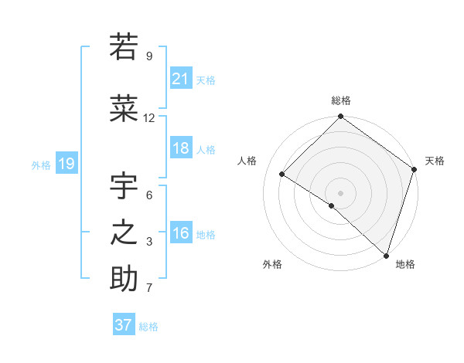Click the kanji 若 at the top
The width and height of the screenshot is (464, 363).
[124, 47]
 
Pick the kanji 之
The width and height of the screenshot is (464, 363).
[124, 232]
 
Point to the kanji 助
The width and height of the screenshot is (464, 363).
[124, 279]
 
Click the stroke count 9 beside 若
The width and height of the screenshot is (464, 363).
[149, 56]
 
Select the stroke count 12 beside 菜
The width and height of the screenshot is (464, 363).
[149, 118]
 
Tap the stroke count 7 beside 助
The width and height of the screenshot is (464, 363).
[149, 289]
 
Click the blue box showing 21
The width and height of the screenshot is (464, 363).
[181, 79]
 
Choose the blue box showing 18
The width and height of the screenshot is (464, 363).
[181, 148]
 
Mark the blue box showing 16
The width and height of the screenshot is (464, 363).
[181, 233]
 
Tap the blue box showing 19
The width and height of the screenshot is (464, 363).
[66, 164]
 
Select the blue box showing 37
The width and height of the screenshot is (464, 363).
[123, 325]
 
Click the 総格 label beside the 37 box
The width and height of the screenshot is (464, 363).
[148, 327]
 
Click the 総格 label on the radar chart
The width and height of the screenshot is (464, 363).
[340, 100]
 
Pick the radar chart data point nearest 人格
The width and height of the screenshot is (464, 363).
[282, 174]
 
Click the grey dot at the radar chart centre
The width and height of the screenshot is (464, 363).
[340, 192]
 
